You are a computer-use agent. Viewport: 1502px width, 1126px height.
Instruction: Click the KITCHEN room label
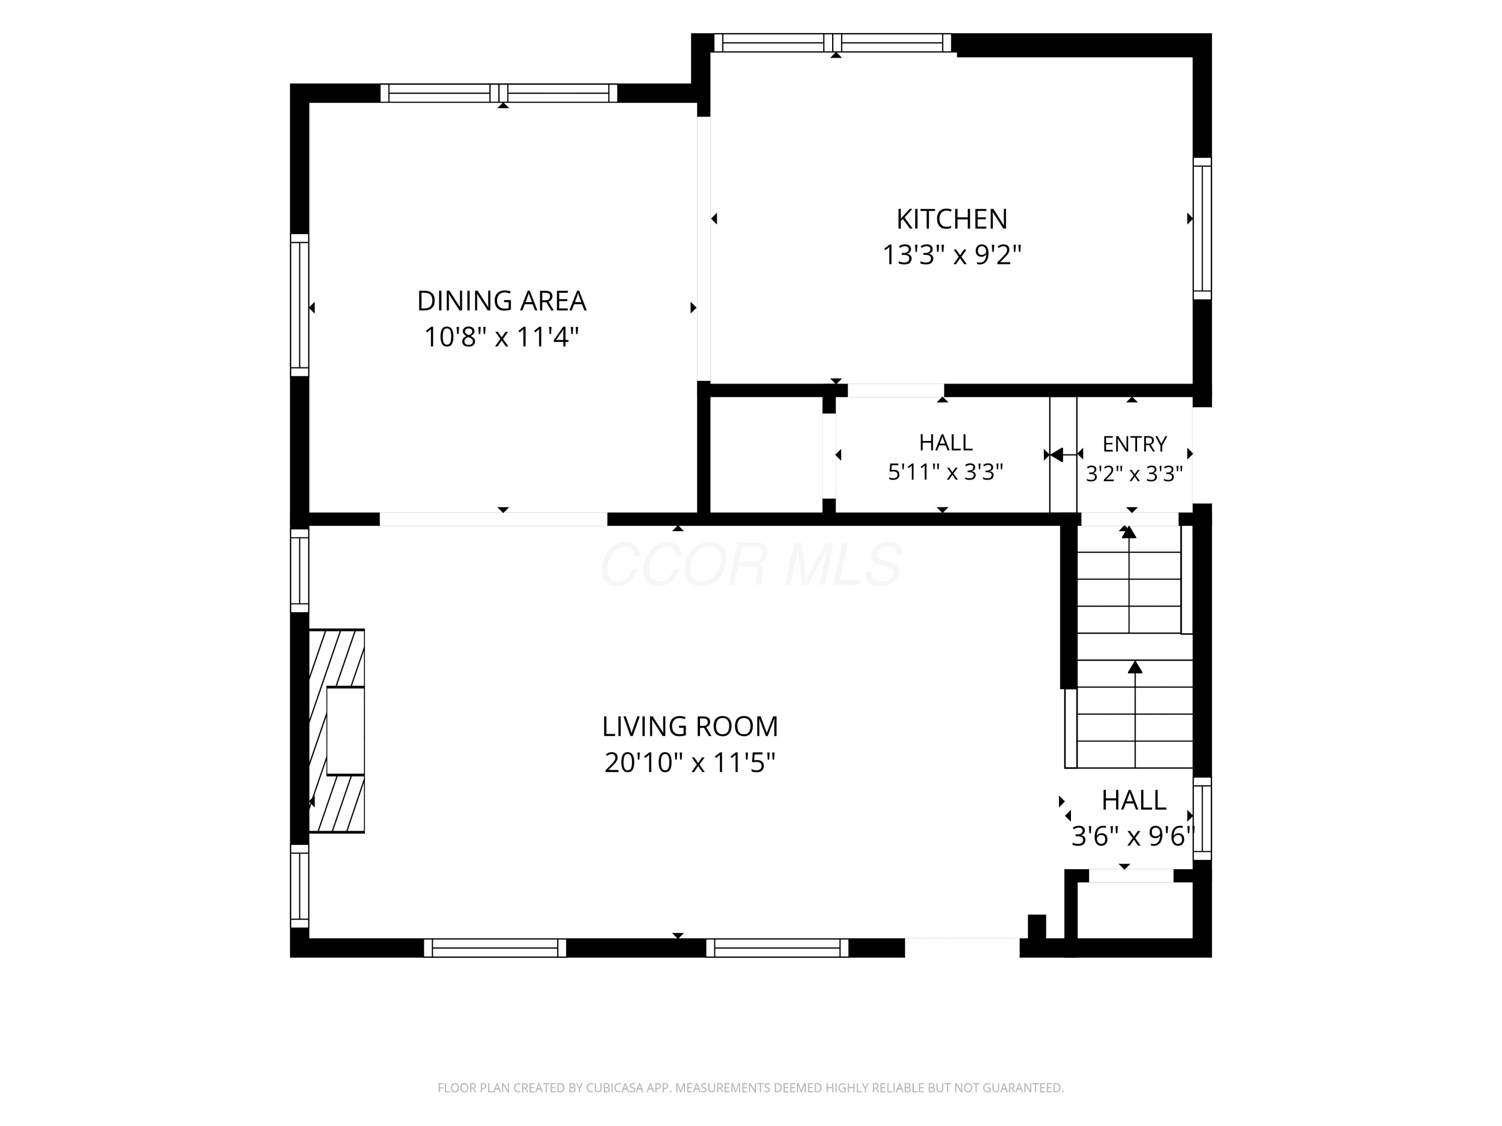click(951, 219)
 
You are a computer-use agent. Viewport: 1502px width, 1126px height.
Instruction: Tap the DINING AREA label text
click(501, 301)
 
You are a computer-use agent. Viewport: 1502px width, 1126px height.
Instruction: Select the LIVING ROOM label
click(690, 726)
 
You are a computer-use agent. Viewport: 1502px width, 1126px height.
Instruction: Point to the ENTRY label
click(1134, 444)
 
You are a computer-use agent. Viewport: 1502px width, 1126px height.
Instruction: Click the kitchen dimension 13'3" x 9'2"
click(951, 255)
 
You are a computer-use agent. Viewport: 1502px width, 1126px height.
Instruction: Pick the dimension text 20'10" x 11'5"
click(690, 763)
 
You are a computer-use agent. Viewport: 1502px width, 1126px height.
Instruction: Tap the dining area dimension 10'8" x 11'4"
click(501, 337)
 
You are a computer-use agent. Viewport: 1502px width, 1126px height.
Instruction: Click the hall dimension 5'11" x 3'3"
click(945, 472)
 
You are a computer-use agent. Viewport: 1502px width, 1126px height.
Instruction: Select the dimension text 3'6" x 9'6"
click(1132, 836)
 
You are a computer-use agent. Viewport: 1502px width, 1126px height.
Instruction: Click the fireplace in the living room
click(337, 730)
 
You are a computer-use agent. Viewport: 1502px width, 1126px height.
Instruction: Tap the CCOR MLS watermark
click(751, 564)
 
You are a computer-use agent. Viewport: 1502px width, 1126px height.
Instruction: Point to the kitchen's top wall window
click(833, 43)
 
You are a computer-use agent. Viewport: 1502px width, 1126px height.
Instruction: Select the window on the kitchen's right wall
click(1202, 229)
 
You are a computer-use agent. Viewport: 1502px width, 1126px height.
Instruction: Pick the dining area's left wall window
click(299, 305)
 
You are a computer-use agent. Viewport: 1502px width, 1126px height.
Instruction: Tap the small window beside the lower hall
click(1202, 819)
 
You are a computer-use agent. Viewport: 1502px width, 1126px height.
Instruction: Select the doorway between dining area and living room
click(493, 519)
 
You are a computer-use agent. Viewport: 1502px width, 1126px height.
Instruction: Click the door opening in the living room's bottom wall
click(962, 947)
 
